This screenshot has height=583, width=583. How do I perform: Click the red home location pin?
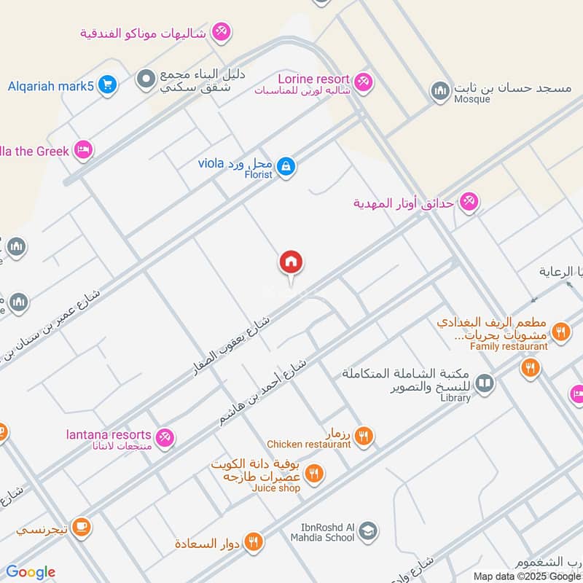point(291,263)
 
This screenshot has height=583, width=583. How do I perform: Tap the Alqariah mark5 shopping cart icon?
point(107,85)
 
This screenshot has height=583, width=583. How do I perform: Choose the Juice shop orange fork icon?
point(314,474)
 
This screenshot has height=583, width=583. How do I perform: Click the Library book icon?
point(484,383)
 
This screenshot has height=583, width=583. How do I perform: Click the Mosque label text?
point(472,99)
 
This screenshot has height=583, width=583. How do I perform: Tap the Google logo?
point(30,572)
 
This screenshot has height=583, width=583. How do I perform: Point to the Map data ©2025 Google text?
point(527,576)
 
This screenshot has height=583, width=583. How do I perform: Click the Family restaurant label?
point(509,346)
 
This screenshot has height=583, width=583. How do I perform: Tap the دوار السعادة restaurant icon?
point(253,541)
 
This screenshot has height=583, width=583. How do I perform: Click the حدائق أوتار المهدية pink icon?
point(469,203)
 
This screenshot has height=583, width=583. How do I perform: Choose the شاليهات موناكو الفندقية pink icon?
point(222,32)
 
